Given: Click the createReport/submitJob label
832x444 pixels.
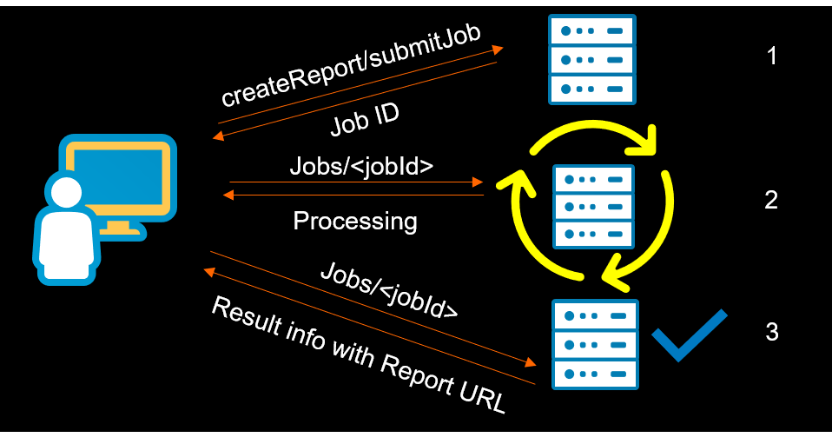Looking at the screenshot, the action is point(351,65).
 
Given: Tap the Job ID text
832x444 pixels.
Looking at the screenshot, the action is point(365,120).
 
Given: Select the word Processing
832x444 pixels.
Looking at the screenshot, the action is point(355,221).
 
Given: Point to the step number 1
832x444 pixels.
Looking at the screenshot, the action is point(772,56).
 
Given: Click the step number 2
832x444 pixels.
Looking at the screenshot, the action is point(771,200).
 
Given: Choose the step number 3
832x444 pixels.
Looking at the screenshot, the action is point(772,331).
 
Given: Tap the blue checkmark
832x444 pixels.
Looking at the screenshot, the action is point(689,335).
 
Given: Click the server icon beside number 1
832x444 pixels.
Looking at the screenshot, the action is point(591,59).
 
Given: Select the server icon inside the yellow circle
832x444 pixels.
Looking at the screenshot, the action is point(593,207).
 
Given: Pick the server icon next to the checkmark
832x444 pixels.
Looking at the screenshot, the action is point(595,345).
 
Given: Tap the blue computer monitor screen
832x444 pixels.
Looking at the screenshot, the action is point(118,177).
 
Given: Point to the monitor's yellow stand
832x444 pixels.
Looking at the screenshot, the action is point(118,229).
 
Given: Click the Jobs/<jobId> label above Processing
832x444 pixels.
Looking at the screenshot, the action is point(361,166).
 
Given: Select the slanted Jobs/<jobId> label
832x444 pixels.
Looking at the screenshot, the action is point(389,290).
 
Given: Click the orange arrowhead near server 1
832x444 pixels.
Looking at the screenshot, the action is point(497,50).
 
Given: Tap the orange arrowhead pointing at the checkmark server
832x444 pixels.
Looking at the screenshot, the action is point(530,362).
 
